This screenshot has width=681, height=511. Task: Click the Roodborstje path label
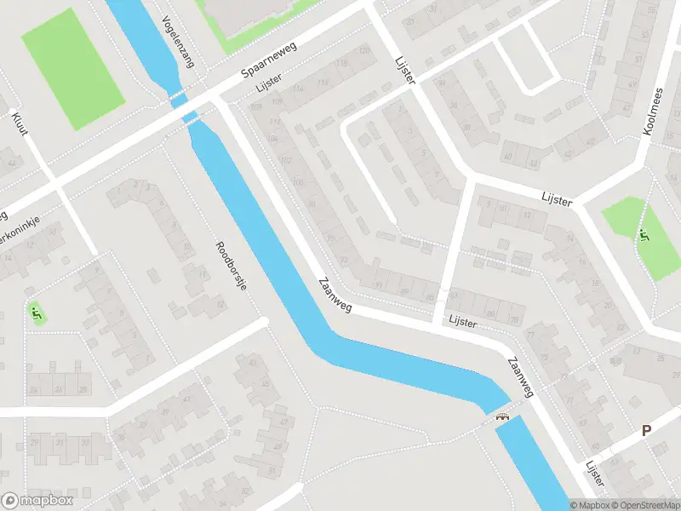click(x=231, y=267)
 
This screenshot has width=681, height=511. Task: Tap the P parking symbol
click(x=647, y=431)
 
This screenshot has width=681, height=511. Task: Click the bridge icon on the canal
click(x=502, y=416)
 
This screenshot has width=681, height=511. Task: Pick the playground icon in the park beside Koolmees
click(x=641, y=234)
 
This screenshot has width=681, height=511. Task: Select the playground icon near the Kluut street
click(x=36, y=313)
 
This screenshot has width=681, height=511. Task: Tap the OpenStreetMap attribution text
click(x=644, y=505)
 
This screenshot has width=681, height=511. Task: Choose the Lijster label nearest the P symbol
click(x=594, y=474)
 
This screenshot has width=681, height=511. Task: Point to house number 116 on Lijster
click(x=323, y=82)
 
